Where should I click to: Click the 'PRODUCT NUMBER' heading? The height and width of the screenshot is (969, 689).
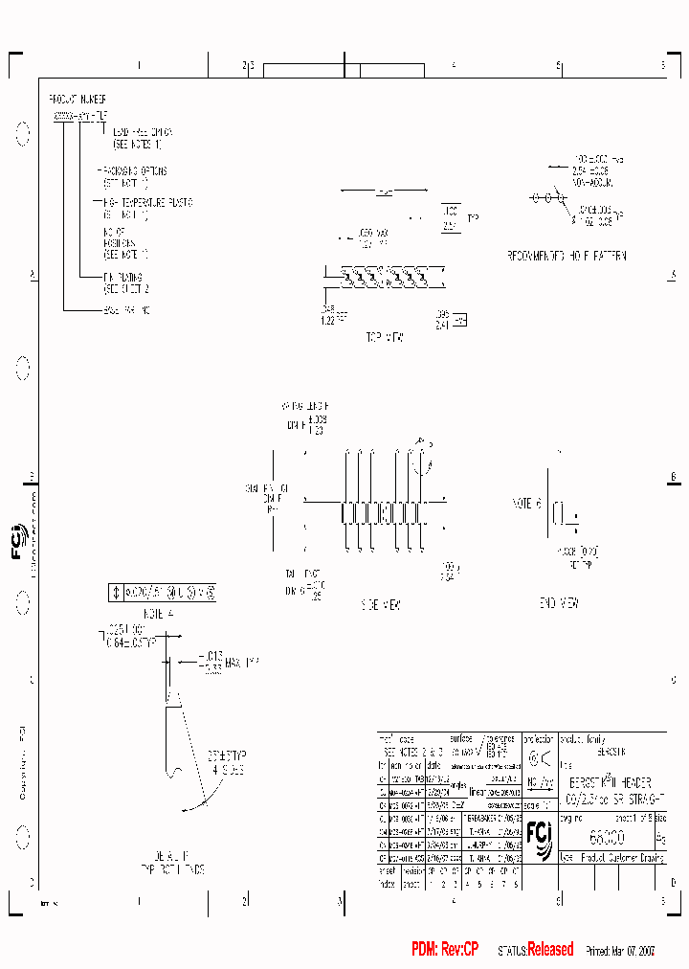pos(78,99)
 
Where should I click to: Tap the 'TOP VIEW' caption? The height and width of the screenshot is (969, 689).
pos(385,337)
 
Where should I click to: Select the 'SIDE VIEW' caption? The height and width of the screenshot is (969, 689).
pos(381,605)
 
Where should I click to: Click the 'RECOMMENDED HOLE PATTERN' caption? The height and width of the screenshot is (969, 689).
pos(567,257)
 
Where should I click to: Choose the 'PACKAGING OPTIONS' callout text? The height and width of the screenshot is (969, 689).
pos(134,171)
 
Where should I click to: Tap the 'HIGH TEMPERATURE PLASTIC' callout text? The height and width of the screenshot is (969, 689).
pos(147,202)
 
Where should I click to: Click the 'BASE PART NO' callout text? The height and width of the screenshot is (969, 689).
pos(126,310)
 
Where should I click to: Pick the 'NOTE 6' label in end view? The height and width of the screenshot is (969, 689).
pos(527,503)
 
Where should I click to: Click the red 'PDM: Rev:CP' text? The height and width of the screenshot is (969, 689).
pos(444,950)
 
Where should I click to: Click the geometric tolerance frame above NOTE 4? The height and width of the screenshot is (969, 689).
pos(164,593)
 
